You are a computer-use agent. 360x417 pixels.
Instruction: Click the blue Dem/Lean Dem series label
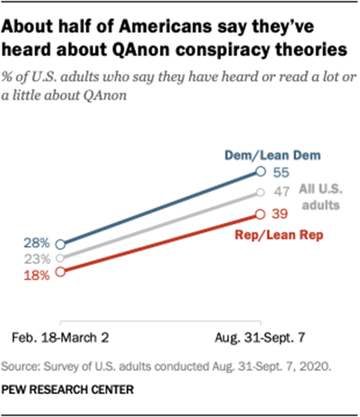click(x=273, y=156)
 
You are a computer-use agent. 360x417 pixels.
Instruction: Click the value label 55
click(x=282, y=172)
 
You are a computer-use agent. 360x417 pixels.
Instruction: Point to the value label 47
click(x=282, y=192)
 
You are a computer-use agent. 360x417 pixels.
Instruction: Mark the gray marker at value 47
click(x=260, y=193)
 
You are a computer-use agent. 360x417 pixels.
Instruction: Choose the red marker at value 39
click(x=260, y=214)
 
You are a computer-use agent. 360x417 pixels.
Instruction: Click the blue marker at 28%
click(x=60, y=244)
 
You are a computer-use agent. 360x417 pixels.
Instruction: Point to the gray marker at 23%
click(x=60, y=258)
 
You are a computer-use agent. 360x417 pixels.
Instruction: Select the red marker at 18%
click(x=60, y=272)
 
